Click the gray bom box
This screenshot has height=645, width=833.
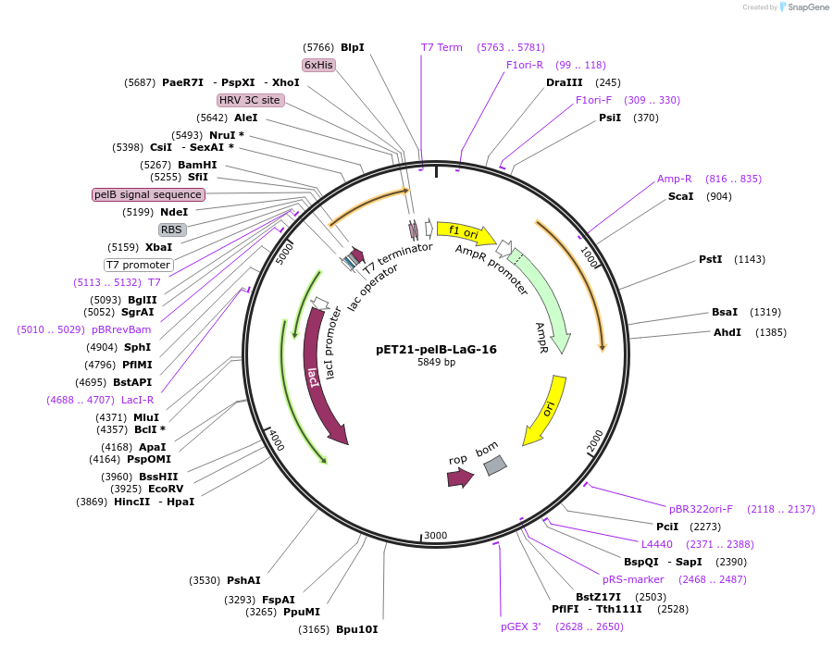[495, 465]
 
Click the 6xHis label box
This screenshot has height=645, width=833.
[318, 65]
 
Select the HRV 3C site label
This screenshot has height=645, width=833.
[250, 100]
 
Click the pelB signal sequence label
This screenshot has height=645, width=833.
[148, 194]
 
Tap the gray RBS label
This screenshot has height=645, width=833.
[172, 229]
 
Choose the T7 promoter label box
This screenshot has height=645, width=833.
[138, 265]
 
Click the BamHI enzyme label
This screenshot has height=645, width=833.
[197, 165]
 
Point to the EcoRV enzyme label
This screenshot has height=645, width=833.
[166, 489]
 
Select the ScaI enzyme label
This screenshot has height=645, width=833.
[680, 196]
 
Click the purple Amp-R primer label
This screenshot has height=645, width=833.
[675, 179]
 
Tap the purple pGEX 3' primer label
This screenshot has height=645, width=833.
[520, 626]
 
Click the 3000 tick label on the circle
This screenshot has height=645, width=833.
[435, 536]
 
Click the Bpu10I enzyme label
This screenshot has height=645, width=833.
[356, 629]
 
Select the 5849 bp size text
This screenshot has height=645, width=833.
[436, 362]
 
